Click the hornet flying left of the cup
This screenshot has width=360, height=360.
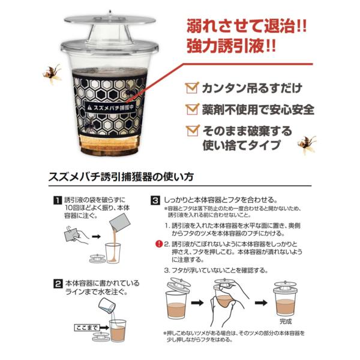coord(52,73)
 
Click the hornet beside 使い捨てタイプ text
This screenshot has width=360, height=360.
coord(307,145)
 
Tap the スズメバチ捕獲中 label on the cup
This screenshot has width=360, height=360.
coord(110,107)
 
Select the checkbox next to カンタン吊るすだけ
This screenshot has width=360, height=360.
coord(193,88)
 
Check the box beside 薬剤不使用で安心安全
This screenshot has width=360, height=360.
coord(193,109)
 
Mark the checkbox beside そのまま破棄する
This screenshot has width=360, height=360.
coord(193,130)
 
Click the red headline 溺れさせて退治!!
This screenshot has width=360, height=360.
coord(247,26)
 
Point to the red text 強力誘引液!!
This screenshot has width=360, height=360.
coord(231,46)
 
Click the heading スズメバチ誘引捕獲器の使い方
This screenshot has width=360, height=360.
coord(121,176)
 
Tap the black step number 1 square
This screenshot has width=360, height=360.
coord(58,200)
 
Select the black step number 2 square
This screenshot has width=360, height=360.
coord(58,284)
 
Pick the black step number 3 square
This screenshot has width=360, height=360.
coord(155,200)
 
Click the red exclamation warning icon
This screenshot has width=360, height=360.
coord(159,244)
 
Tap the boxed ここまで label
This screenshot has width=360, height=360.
coord(86,328)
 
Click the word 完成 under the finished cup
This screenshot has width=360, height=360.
coord(286,322)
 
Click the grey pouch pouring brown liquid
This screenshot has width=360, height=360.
coord(119,222)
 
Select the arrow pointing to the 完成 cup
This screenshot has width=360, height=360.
coord(261,303)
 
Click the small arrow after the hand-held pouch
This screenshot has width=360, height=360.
coord(96,236)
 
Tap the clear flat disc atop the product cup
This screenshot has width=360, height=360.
coord(110,20)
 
